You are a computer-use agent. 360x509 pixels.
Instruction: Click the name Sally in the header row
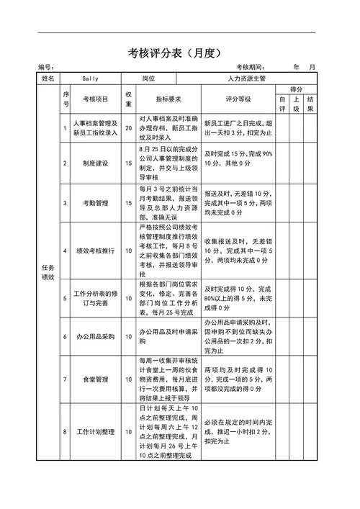pos(90,78)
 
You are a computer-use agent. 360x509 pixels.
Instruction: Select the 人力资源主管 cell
pos(246,78)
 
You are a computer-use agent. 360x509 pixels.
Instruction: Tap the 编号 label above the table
pos(46,67)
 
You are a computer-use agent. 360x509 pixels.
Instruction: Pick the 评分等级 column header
pos(238,99)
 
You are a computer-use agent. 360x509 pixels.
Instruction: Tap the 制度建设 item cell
pos(96,163)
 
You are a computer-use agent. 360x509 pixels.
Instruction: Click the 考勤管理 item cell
pos(96,203)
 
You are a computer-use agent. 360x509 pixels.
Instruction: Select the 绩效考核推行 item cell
pos(96,251)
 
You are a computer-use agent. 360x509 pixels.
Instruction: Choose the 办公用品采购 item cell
pos(96,336)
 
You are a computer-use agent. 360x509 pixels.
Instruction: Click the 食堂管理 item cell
pos(96,379)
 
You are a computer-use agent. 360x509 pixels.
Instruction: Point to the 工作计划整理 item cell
pos(96,432)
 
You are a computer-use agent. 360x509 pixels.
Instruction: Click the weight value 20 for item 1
pos(128,128)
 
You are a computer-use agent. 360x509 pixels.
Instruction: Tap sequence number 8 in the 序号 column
pos(65,432)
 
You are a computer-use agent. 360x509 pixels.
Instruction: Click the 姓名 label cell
pos(48,78)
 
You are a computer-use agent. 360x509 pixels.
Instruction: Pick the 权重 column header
pos(128,99)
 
